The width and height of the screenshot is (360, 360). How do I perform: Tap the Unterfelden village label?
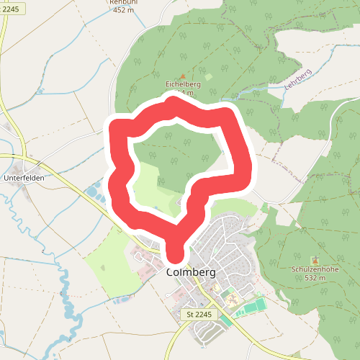pyautogui.click(x=24, y=176)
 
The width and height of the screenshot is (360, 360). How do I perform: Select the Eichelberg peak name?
pyautogui.click(x=183, y=84)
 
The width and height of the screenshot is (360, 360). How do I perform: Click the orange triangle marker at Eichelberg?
pyautogui.click(x=183, y=76)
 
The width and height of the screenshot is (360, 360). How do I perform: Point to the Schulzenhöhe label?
pyautogui.click(x=315, y=269)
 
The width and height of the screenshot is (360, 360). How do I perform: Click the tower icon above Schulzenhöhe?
pyautogui.click(x=314, y=260)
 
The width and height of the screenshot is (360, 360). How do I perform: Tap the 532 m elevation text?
pyautogui.click(x=315, y=277)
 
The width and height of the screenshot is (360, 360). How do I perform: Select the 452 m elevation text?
pyautogui.click(x=124, y=10)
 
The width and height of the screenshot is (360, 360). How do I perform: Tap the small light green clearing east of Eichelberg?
pyautogui.click(x=209, y=76)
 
